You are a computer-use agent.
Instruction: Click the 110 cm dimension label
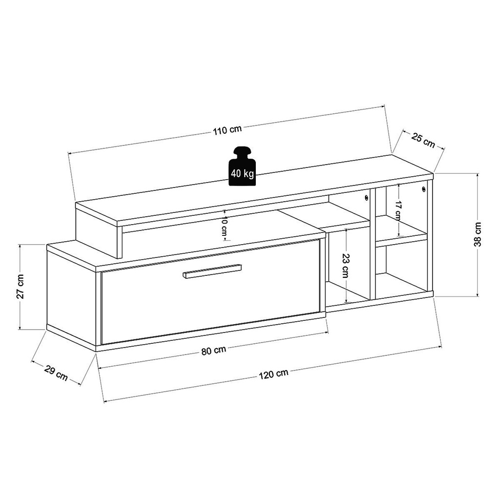pyautogui.click(x=228, y=129)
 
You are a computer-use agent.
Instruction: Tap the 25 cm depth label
pyautogui.click(x=423, y=141)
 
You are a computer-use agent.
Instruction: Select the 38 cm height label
pyautogui.click(x=478, y=234)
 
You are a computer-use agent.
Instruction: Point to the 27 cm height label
pyautogui.click(x=20, y=286)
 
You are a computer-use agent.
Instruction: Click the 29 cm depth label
pyautogui.click(x=56, y=374)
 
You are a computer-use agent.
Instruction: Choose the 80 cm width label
pyautogui.click(x=214, y=351)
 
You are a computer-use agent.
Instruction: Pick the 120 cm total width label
pyautogui.click(x=273, y=374)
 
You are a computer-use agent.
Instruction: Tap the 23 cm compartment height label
pyautogui.click(x=345, y=266)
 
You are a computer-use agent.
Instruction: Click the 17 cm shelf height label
pyautogui.click(x=397, y=210)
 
